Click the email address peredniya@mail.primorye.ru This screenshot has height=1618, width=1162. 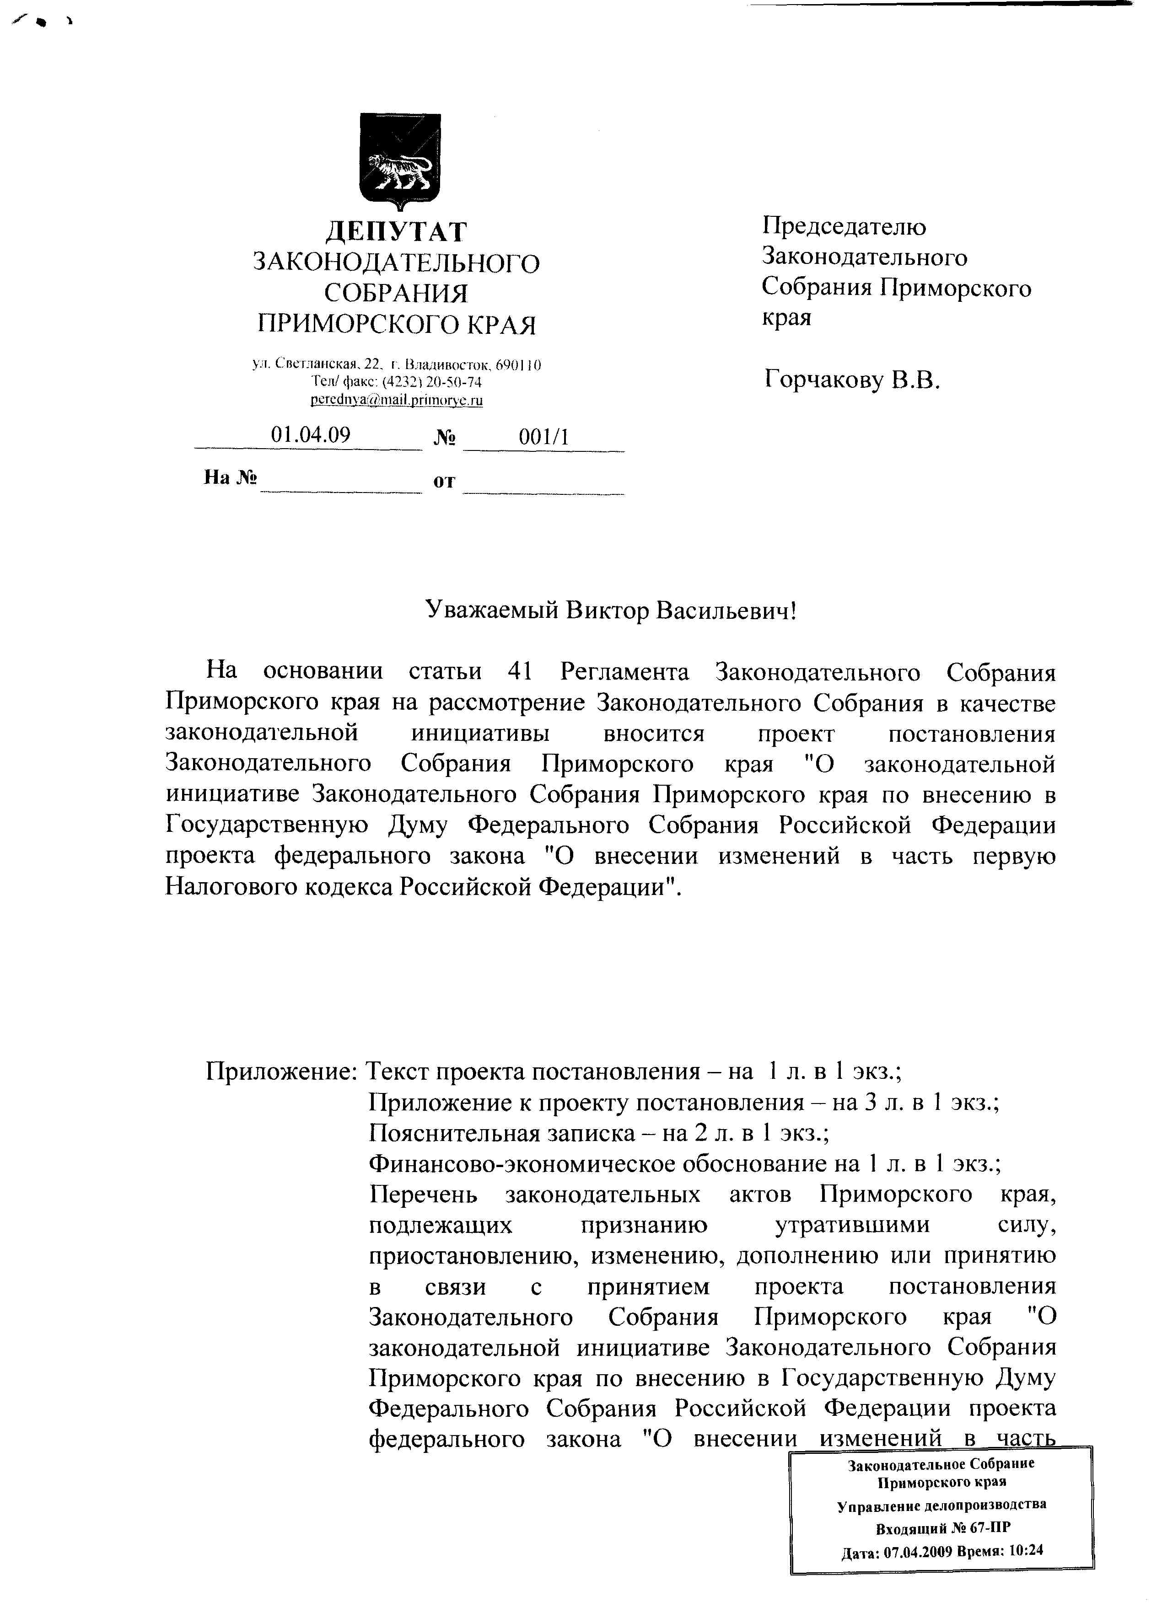[396, 400]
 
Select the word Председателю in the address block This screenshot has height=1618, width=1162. [844, 227]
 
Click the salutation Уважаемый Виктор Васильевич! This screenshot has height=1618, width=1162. [610, 610]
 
